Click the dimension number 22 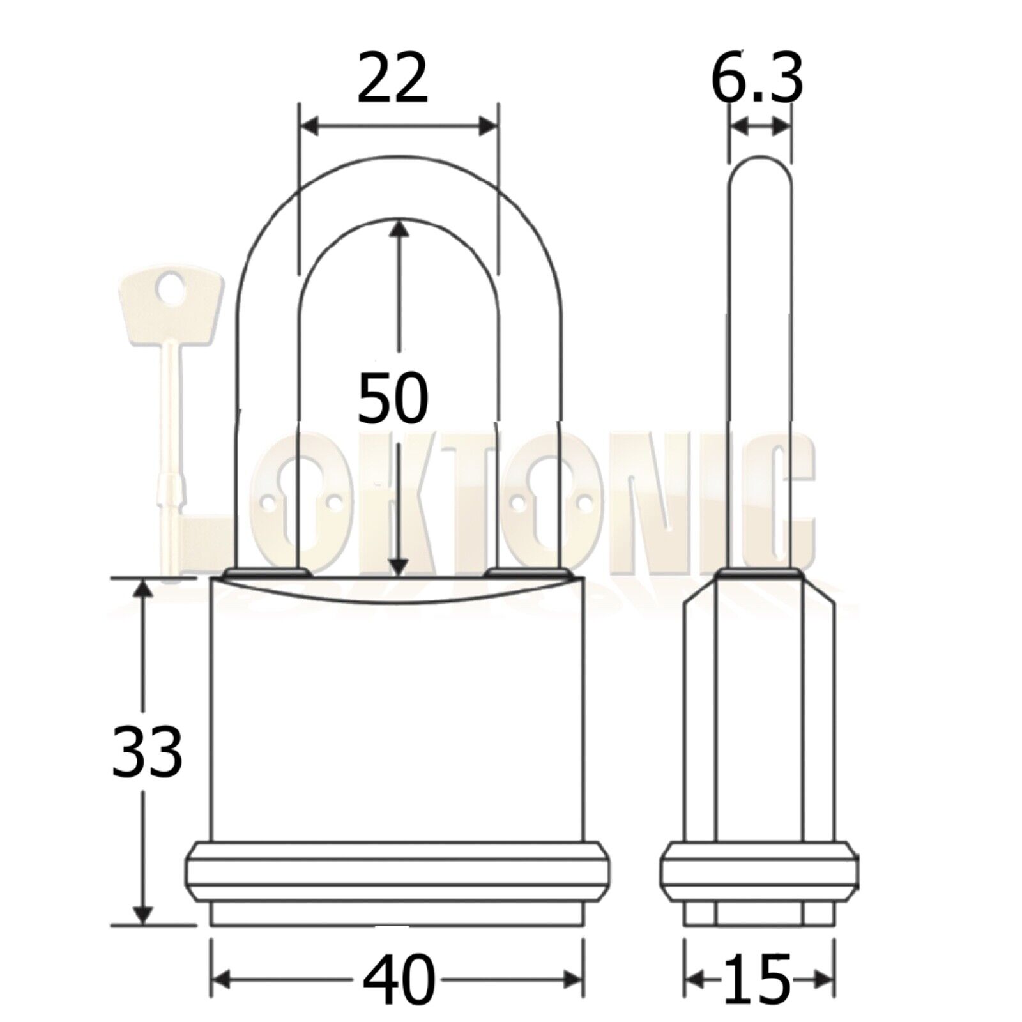click(x=392, y=80)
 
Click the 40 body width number click(x=399, y=978)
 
